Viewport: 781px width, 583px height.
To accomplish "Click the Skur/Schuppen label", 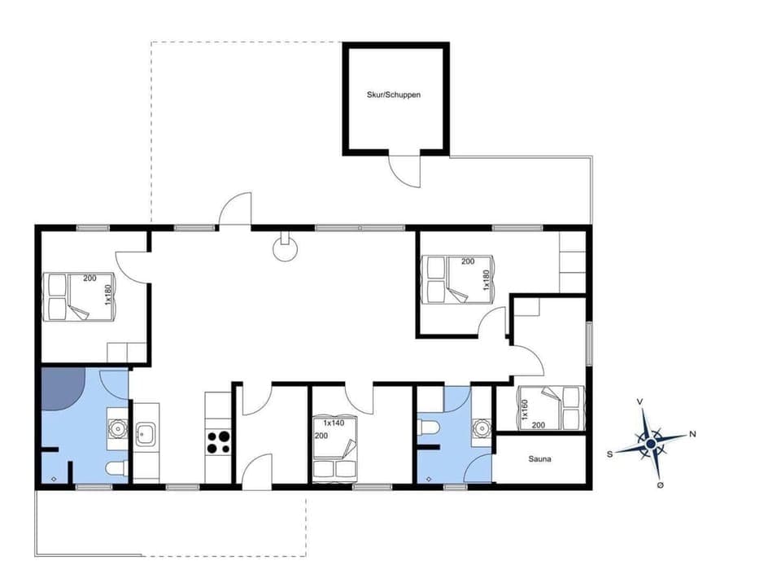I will pyautogui.click(x=394, y=94).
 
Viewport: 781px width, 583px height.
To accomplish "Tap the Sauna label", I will pyautogui.click(x=539, y=459).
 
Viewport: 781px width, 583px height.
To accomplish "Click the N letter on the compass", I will pyautogui.click(x=692, y=433).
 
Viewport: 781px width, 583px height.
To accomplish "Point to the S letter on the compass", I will pyautogui.click(x=609, y=454).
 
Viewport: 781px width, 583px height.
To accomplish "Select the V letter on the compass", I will pyautogui.click(x=640, y=401).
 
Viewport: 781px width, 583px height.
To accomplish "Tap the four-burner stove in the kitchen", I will pyautogui.click(x=218, y=442).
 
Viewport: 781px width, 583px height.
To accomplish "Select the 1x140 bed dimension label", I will pyautogui.click(x=334, y=423).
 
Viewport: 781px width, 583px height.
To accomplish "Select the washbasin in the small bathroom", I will pyautogui.click(x=482, y=427).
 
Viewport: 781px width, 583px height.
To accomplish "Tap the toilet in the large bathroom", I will pyautogui.click(x=116, y=467).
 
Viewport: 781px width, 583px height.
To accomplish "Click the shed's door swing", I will pyautogui.click(x=404, y=169).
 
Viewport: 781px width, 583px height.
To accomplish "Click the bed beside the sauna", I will pyautogui.click(x=551, y=407).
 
